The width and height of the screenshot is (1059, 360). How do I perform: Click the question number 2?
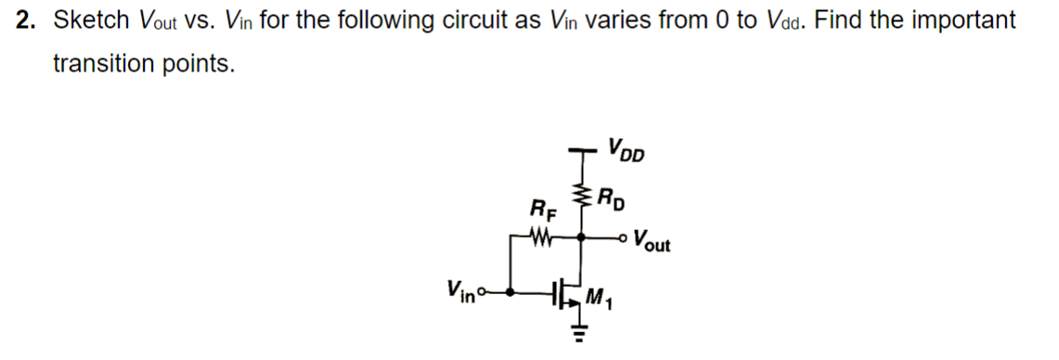click(25, 20)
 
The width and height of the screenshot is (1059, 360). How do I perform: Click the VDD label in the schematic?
click(627, 149)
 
